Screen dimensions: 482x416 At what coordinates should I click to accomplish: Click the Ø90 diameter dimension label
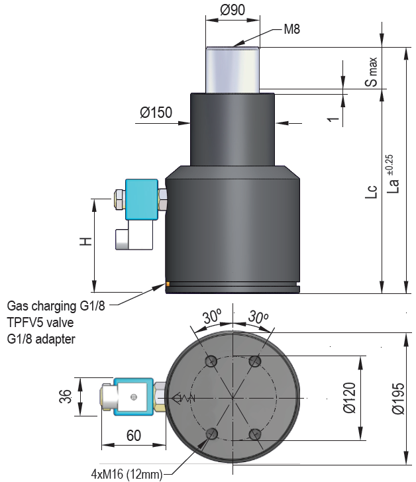(x=232, y=10)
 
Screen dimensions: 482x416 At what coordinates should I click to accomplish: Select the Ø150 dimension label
(x=156, y=113)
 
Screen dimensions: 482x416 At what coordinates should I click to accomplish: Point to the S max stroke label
(x=373, y=73)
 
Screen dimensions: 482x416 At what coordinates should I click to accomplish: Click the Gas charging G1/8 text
(x=56, y=307)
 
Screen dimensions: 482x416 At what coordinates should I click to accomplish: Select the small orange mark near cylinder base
(x=168, y=285)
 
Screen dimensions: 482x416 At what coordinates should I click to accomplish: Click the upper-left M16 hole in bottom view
(x=211, y=361)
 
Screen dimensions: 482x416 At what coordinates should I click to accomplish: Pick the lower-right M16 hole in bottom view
(x=255, y=434)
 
